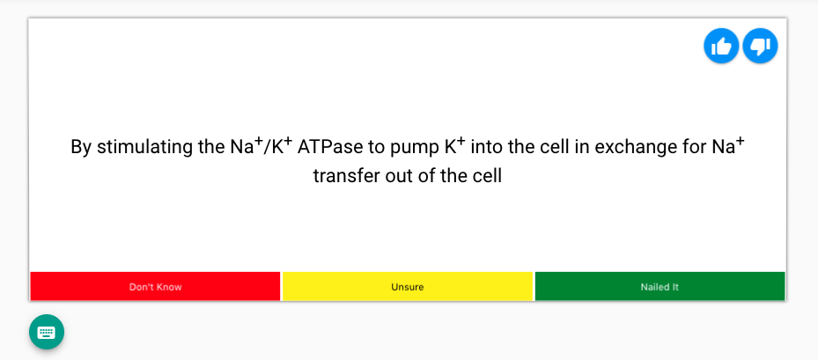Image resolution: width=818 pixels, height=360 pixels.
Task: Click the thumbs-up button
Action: (721, 46)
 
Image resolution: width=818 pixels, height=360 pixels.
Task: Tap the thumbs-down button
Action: (760, 46)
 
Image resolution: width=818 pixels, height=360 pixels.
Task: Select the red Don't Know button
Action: (155, 287)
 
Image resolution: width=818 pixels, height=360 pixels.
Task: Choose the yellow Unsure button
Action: (408, 287)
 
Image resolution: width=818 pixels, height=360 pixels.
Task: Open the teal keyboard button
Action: (47, 332)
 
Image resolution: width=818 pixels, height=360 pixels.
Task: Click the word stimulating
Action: (144, 147)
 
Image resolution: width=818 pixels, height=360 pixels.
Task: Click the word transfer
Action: (346, 175)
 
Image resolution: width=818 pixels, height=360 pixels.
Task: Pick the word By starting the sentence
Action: (81, 147)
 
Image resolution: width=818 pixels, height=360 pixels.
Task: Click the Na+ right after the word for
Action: (727, 145)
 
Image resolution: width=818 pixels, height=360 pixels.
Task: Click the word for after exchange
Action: (691, 147)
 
